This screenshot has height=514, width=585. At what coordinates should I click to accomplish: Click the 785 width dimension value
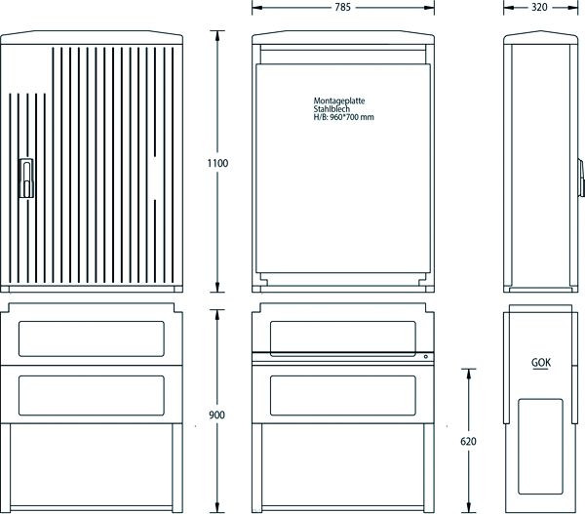point(342,7)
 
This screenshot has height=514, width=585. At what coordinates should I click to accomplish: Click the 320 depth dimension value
point(539,7)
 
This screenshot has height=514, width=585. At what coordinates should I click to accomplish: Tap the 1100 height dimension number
point(217,163)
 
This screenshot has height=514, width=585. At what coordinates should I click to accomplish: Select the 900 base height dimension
point(216,415)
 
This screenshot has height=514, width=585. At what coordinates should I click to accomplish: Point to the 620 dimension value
point(468,442)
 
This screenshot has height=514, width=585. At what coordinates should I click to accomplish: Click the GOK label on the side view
point(541,363)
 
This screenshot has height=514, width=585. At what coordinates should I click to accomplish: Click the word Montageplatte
point(339,100)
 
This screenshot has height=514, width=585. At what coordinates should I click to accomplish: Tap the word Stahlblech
point(331,109)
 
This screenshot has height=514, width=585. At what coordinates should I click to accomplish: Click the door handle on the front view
point(26,178)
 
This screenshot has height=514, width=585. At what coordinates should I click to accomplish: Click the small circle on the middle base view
point(426,357)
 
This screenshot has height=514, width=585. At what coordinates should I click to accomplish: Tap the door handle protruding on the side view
point(580,178)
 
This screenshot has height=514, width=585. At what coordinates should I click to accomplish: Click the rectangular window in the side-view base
point(540,447)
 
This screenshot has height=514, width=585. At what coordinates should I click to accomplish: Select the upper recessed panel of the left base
point(92,339)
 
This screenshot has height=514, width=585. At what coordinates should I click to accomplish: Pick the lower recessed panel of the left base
point(92,396)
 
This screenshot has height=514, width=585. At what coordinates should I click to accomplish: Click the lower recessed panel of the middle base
point(343,396)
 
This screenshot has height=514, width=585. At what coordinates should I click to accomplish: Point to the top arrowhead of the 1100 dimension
point(217,35)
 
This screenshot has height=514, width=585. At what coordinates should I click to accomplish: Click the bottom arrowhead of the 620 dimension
point(469,507)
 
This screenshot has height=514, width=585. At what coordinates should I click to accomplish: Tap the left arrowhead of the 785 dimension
point(257,8)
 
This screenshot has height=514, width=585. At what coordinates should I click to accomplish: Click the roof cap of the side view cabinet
point(540,37)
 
